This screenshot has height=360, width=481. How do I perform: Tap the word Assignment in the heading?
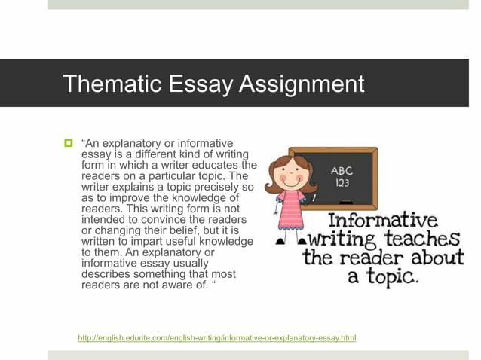tap(302, 83)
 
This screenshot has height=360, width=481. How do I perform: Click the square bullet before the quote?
tap(69, 143)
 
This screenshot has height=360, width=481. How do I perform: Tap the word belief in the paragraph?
tap(179, 230)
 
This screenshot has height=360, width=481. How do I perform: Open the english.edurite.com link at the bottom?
tap(216, 338)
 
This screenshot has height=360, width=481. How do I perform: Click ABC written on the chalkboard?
tap(342, 170)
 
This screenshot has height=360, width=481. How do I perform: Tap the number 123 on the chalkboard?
tap(342, 183)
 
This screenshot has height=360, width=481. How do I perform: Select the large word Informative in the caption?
tap(383, 221)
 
